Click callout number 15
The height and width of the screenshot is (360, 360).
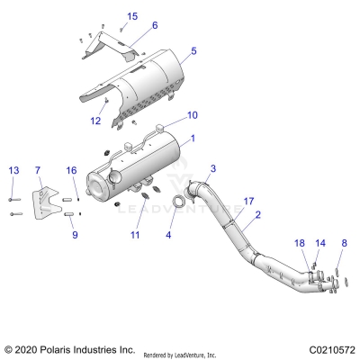(132, 17)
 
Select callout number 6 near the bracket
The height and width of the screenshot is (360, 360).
(154, 25)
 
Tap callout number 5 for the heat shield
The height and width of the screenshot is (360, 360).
(193, 51)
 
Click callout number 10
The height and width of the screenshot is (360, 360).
(191, 115)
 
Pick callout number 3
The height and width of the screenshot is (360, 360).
(213, 169)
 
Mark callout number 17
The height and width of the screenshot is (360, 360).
(249, 201)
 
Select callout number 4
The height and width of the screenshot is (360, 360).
(167, 236)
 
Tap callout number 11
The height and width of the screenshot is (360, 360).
(135, 235)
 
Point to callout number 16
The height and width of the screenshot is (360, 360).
(72, 170)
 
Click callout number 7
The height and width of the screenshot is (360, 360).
(38, 170)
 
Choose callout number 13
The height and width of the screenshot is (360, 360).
(13, 170)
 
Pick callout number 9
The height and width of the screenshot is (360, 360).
(75, 234)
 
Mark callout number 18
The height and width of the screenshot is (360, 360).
(300, 243)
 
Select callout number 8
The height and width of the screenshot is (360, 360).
(343, 243)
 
